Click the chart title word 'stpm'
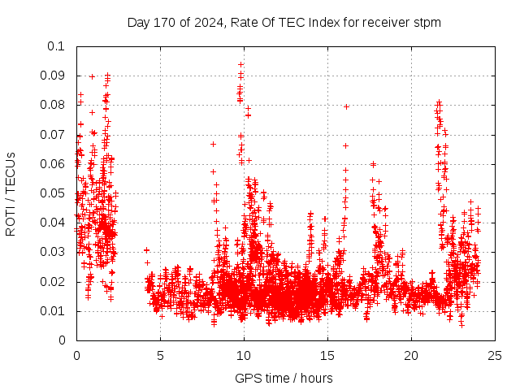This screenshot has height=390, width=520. [427, 22]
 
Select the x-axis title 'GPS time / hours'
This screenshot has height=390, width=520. [284, 378]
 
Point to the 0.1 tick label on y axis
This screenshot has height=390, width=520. [58, 46]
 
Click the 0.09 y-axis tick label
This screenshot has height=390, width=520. [54, 76]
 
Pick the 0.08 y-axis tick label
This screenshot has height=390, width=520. [54, 105]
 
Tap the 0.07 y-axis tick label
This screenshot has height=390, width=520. [54, 135]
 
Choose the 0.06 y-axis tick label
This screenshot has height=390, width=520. [54, 164]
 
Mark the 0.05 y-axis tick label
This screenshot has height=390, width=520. [54, 193]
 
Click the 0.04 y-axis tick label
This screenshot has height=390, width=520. [54, 223]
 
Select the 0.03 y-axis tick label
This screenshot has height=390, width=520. [54, 253]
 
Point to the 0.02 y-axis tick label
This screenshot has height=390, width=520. [54, 282]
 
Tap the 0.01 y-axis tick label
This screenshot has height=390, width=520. [54, 311]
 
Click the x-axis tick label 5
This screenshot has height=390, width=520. [160, 355]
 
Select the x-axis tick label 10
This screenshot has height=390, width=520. [244, 355]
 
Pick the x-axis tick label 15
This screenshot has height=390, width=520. [327, 355]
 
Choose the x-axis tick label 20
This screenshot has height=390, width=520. [411, 355]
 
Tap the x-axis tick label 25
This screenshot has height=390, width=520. [495, 355]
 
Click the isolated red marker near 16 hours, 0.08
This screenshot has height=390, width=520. [346, 106]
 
